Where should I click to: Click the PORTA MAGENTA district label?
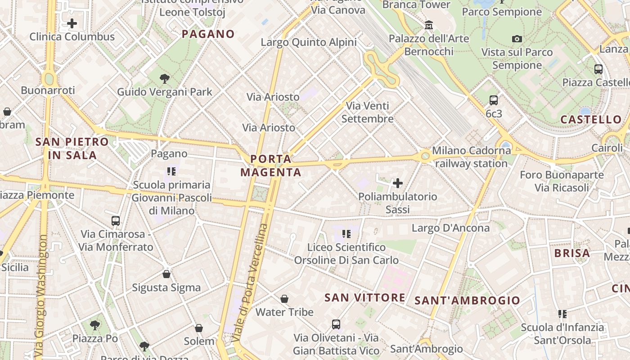tap(270, 166)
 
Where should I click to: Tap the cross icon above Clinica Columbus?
tap(72, 23)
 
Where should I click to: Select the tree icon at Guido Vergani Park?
tap(165, 79)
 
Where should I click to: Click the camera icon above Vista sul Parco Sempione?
tap(517, 39)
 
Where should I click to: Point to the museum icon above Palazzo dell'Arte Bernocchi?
tap(429, 25)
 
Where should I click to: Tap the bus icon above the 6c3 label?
tap(494, 100)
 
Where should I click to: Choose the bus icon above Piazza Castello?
tap(598, 69)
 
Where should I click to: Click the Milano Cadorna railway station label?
tap(471, 157)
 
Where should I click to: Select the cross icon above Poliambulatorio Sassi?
tap(398, 183)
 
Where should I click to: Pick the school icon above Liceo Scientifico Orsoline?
tap(346, 234)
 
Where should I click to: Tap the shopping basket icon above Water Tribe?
tap(284, 299)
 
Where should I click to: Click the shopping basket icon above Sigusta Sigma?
tap(166, 274)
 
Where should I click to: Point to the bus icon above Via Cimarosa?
tap(116, 220)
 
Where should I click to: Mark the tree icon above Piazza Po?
tap(95, 325)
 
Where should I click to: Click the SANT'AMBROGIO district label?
tap(467, 301)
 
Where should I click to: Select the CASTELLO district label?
tap(591, 120)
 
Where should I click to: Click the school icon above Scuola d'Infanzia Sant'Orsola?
tap(562, 314)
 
